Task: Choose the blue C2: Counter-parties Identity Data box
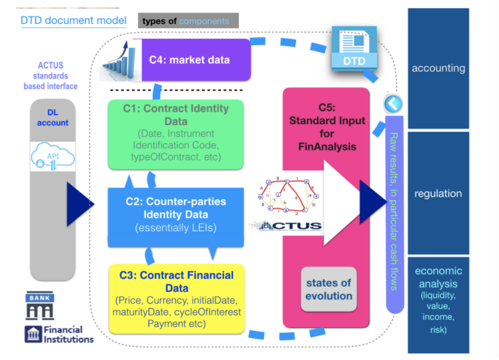pyautogui.click(x=176, y=215)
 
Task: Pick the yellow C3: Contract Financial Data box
pyautogui.click(x=176, y=299)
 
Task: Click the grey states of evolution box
pyautogui.click(x=329, y=289)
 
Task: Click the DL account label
pyautogui.click(x=53, y=118)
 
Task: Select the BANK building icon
pyautogui.click(x=40, y=305)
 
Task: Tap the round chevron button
pyautogui.click(x=393, y=104)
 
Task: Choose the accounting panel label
pyautogui.click(x=438, y=68)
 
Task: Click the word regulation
pyautogui.click(x=438, y=194)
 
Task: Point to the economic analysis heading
pyautogui.click(x=438, y=277)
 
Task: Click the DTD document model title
pyautogui.click(x=73, y=21)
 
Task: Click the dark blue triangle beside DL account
pyautogui.click(x=79, y=204)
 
